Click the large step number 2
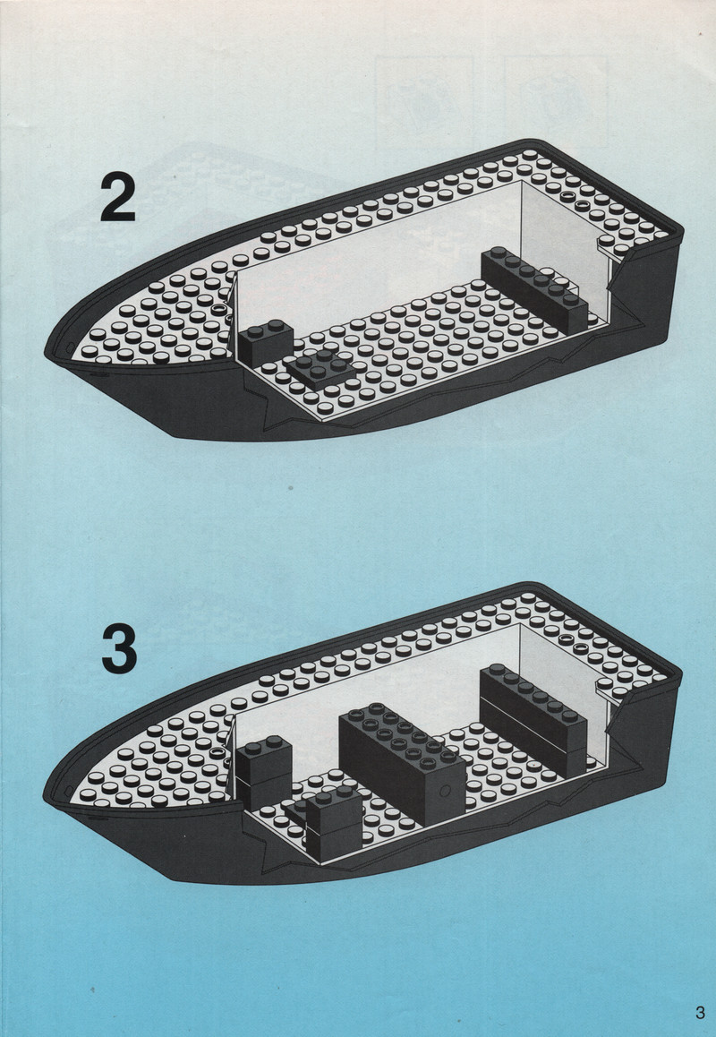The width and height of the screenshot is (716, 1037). (x=117, y=196)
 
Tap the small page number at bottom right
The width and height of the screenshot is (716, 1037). (x=700, y=1012)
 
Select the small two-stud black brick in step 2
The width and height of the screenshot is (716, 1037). (x=266, y=342)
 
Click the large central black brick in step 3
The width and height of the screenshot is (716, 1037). (x=401, y=760)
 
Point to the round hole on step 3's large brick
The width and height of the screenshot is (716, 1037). (x=446, y=790)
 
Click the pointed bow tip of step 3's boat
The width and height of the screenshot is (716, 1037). (x=45, y=793)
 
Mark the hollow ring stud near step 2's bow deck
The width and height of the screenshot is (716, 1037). (x=220, y=309)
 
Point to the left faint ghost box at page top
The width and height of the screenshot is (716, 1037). (x=425, y=102)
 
